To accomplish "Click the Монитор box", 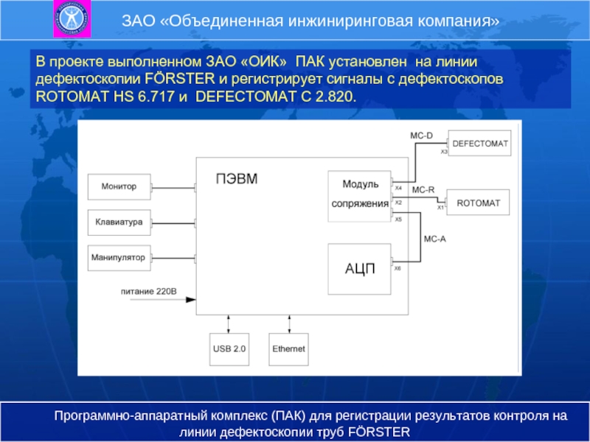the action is coord(119,187).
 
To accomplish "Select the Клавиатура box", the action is coord(119,222).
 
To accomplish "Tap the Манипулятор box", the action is coord(119,257).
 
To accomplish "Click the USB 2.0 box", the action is coord(229,348).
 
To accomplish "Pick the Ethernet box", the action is coord(288,348).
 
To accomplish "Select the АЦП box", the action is coord(359,269).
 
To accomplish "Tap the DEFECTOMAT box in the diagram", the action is coord(479,144).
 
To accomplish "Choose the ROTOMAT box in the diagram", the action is coord(478,202).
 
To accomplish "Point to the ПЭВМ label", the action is coord(236,178).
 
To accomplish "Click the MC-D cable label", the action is coord(421,136).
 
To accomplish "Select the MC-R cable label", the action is coord(423,190).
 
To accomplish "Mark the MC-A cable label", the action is coord(434,239).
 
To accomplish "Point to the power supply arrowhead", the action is coord(191,299).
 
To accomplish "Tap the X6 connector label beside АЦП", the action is coord(398,268).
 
